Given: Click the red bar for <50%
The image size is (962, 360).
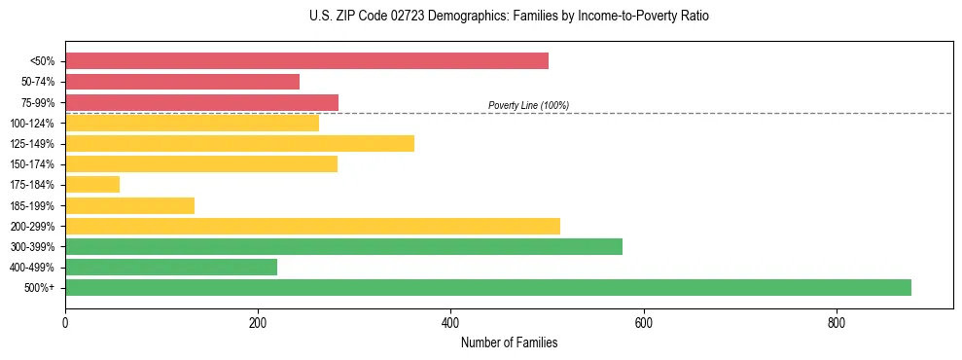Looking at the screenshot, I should point(306,61).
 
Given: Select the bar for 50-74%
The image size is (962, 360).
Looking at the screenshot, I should point(182,82).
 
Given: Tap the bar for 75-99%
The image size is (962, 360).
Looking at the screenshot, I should point(201,102).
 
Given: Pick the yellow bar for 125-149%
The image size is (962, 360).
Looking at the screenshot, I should point(239,144).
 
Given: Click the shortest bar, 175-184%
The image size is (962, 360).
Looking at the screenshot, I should point(92,185).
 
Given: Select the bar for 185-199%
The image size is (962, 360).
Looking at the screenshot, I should point(129,205).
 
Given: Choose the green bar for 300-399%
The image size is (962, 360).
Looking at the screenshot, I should point(343,246).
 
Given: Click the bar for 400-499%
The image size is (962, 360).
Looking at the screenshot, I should point(171,267).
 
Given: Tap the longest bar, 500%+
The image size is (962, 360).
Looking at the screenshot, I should point(487,287).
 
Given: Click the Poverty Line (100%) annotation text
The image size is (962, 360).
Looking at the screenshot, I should point(528,105).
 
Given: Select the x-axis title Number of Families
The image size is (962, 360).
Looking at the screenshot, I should point(509,342).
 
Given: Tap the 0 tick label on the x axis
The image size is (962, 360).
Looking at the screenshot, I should point(65,323).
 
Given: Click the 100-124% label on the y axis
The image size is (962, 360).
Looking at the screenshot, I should point(32,124).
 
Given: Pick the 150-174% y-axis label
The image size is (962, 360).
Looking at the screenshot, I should point(32,164).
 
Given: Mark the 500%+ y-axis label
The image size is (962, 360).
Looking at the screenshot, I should point(40,288).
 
